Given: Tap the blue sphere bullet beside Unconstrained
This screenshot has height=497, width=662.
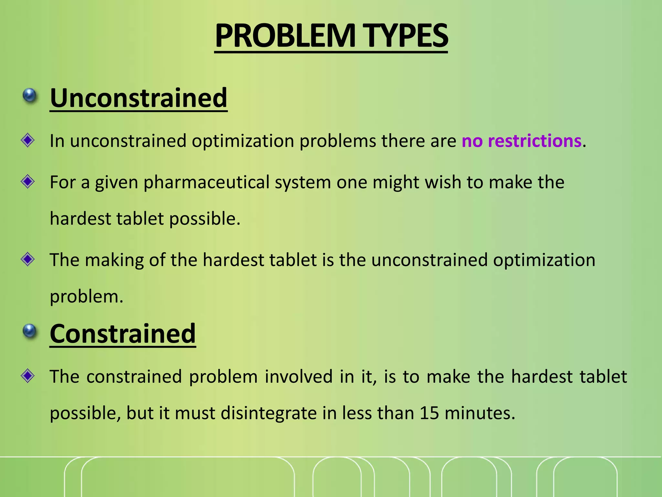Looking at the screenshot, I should [x=30, y=96].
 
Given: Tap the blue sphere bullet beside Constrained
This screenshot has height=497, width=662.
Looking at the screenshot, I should [x=30, y=331].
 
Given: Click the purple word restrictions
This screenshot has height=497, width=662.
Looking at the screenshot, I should [x=535, y=141].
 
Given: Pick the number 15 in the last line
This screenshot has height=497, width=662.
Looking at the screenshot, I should [x=429, y=413].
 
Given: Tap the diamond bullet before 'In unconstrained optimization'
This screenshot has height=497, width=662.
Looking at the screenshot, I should [x=28, y=140].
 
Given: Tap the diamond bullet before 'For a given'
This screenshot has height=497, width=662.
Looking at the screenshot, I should [x=28, y=182].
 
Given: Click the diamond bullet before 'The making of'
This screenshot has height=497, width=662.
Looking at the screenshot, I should [x=28, y=259].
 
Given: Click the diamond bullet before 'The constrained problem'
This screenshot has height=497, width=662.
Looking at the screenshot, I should [x=28, y=376].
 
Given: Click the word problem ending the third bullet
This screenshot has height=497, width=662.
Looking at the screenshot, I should [x=86, y=297].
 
